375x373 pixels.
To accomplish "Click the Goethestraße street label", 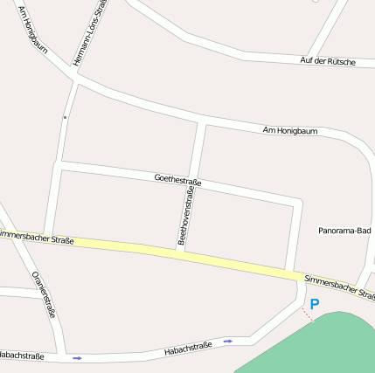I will point(177,180).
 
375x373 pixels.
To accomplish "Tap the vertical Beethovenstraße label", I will point(185,215).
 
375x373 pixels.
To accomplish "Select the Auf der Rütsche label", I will point(328,61).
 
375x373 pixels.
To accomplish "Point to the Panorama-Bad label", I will point(345,231).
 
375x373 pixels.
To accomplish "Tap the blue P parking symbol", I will point(315,304).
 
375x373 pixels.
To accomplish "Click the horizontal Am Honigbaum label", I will point(290,131).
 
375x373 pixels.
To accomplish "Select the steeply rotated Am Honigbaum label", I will point(33,34).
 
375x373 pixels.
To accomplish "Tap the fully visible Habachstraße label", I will point(188,348).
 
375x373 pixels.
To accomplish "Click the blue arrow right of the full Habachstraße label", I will point(228,341).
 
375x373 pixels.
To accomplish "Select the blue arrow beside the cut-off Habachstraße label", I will point(77,358).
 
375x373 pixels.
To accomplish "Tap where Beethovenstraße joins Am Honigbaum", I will point(205,121).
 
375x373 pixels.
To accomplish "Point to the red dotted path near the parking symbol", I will point(308,314).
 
